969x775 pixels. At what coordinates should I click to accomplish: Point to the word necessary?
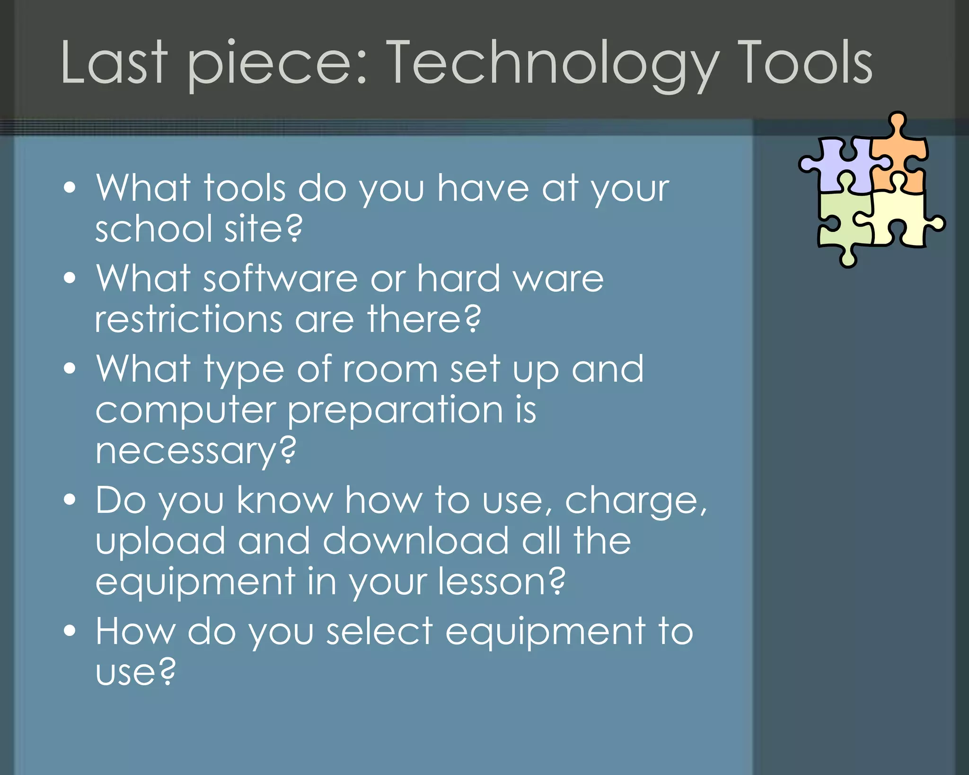point(195,451)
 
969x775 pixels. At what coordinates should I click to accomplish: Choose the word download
point(415,541)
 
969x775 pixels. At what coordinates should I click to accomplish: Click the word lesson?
point(502,581)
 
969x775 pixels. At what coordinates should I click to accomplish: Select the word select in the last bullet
point(379,631)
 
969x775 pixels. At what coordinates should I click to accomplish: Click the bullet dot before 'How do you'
point(70,631)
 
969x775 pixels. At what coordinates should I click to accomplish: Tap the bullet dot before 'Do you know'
point(70,500)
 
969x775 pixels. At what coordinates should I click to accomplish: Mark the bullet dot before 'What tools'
point(70,187)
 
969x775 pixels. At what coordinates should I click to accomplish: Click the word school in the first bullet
point(153,228)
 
